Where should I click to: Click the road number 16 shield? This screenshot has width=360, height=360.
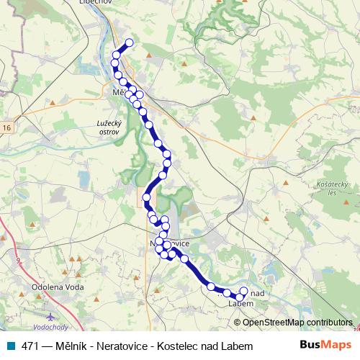pyautogui.click(x=6, y=127)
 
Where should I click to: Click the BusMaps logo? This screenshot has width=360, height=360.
pyautogui.click(x=326, y=345)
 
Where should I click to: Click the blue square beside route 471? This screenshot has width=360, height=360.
pyautogui.click(x=9, y=346)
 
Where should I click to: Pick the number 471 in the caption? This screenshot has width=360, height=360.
pyautogui.click(x=31, y=346)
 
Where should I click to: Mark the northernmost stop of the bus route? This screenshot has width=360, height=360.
pyautogui.click(x=130, y=42)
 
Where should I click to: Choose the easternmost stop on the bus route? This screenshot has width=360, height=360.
pyautogui.click(x=243, y=291)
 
